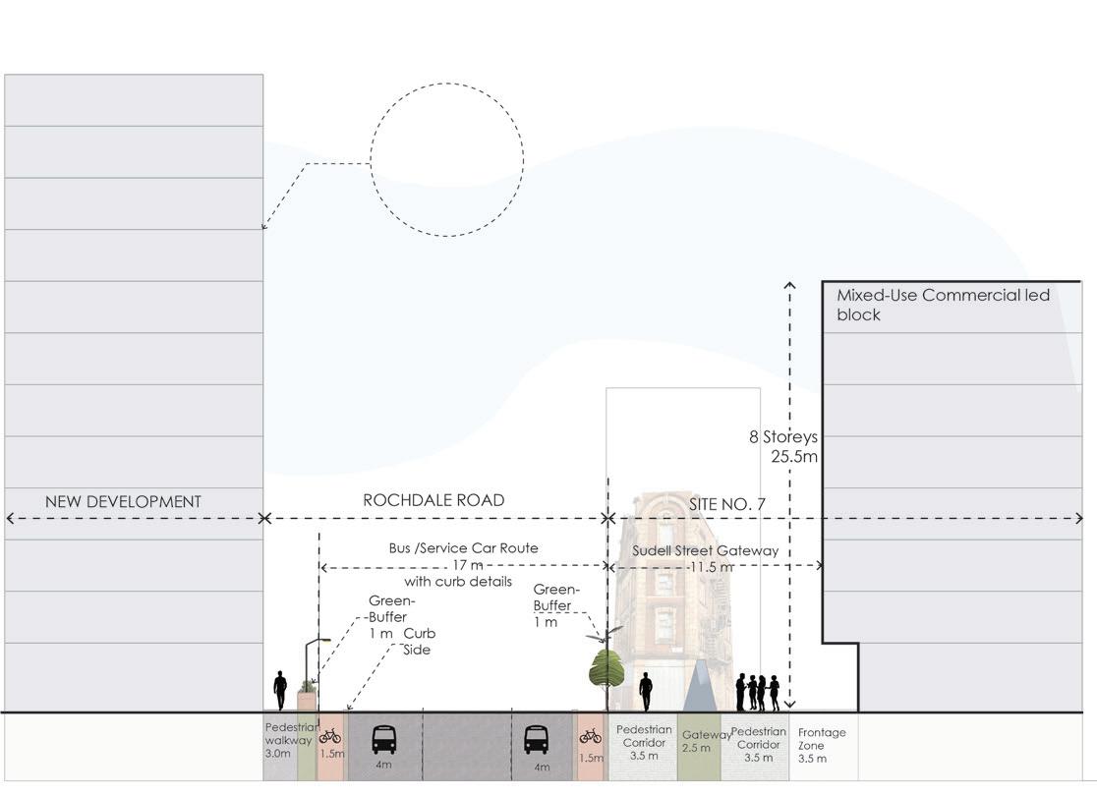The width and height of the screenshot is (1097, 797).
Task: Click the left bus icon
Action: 383,738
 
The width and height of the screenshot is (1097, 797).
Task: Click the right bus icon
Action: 536,738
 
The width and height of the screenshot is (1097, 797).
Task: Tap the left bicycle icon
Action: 330,735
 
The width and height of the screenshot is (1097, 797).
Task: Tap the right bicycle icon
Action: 590,735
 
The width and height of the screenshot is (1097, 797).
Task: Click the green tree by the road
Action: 606,668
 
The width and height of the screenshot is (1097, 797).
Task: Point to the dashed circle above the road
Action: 446,159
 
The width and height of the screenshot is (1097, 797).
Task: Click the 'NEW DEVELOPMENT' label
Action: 123,501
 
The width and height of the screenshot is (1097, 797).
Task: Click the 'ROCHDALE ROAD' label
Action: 433,500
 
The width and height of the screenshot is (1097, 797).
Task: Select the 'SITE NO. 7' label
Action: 726,504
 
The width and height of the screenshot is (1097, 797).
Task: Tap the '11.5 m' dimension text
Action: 712,567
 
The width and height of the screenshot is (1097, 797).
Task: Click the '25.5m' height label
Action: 795,456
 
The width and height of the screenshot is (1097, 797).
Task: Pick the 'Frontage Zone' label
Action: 821,745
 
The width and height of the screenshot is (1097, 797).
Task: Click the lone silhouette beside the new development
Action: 280,690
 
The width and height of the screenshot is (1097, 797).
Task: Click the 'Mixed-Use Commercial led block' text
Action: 942,305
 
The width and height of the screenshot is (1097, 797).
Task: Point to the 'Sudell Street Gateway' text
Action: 705,550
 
